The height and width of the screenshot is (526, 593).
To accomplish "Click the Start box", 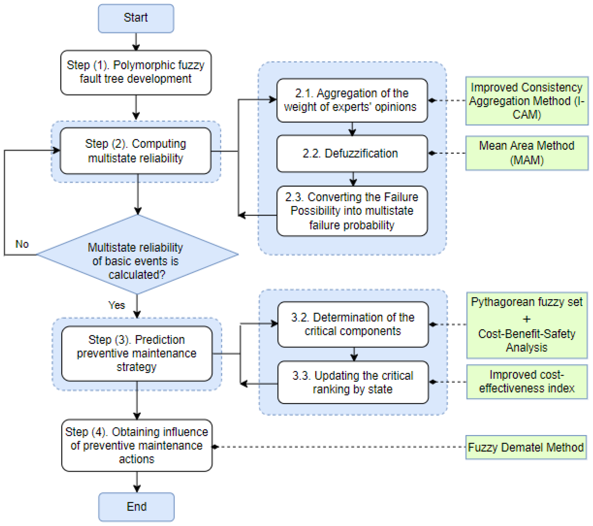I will click(x=136, y=18).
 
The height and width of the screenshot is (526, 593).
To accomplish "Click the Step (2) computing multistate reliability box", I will click(x=135, y=151).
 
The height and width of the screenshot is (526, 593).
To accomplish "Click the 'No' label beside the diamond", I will click(x=22, y=244).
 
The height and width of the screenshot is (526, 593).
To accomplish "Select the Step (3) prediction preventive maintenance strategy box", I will click(x=137, y=353).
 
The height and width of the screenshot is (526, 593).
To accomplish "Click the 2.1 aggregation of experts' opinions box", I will click(x=352, y=100).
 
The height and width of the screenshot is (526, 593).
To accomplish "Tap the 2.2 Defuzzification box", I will click(x=352, y=153).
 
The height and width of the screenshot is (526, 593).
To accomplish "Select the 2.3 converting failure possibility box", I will click(x=352, y=211).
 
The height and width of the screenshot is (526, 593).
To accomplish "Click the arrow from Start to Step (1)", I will click(x=136, y=42).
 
